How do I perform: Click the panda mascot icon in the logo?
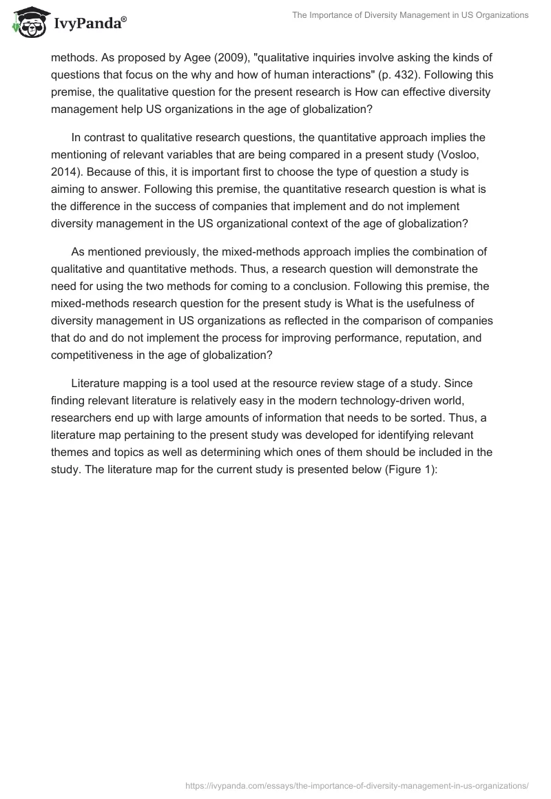tap(27, 23)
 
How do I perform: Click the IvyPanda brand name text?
tap(88, 24)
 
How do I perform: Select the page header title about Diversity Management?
tap(402, 15)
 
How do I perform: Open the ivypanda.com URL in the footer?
tap(357, 785)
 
